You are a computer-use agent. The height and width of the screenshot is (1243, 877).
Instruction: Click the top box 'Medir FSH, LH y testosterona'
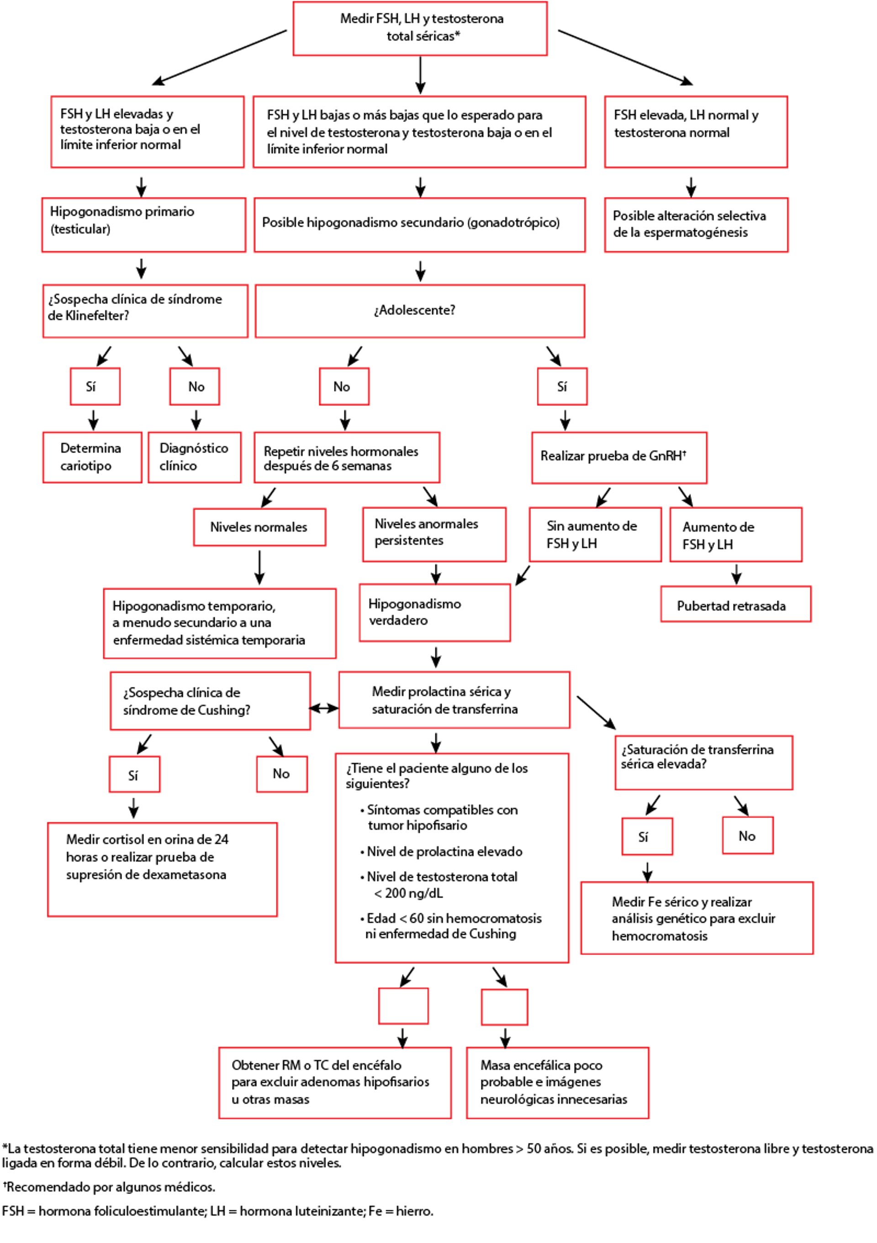click(x=420, y=28)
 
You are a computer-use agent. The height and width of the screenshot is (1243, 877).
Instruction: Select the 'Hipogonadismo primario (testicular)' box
click(x=143, y=224)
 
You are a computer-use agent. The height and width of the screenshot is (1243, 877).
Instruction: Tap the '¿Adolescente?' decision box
click(x=420, y=311)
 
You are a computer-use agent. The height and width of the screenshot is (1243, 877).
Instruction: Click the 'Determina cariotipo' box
click(x=92, y=457)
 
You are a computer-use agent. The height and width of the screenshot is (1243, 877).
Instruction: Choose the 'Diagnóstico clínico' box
click(x=194, y=457)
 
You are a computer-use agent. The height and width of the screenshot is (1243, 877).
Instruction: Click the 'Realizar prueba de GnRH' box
click(x=619, y=457)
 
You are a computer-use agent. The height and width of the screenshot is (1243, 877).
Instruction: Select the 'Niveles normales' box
click(x=259, y=527)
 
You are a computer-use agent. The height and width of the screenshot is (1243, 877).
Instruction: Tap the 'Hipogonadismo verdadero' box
click(x=435, y=612)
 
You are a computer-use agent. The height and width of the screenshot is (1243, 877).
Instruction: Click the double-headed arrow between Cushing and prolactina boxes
click(x=324, y=708)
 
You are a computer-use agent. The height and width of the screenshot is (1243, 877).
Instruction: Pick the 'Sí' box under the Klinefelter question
click(x=95, y=386)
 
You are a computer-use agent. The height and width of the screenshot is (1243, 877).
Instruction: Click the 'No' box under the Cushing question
click(x=281, y=774)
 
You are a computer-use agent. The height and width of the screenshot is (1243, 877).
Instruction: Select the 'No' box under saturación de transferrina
click(x=747, y=836)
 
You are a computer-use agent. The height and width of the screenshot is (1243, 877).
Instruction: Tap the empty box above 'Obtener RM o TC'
click(x=403, y=1006)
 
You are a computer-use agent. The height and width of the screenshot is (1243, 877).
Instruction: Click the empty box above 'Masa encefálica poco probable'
click(x=504, y=1007)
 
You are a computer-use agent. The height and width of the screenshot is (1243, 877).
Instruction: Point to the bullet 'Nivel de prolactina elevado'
click(x=444, y=852)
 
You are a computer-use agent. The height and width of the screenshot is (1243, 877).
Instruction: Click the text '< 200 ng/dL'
click(x=409, y=893)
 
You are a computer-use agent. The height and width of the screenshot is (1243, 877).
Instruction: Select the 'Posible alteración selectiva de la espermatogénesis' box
click(x=696, y=224)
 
